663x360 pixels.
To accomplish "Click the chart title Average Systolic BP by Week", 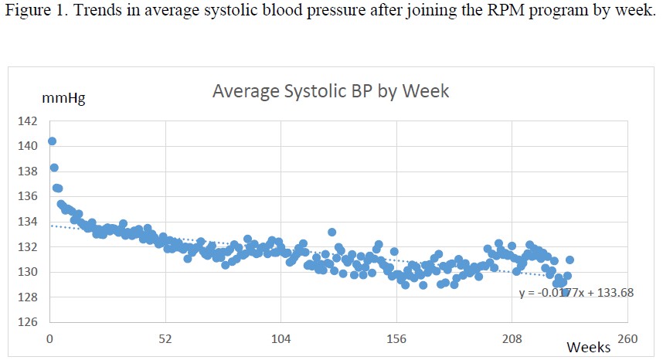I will (x=331, y=92).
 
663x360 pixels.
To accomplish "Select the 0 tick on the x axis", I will (x=49, y=338).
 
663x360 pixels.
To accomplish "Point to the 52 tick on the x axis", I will (x=165, y=338).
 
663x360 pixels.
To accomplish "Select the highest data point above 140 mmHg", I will (x=52, y=141).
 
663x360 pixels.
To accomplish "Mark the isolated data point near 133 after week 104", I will (x=331, y=232).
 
